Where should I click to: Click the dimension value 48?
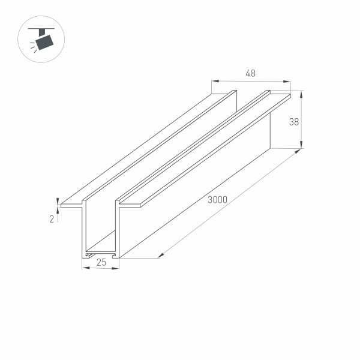click(251, 73)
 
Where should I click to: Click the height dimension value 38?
click(294, 122)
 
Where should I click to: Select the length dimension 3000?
click(217, 200)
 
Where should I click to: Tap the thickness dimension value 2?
click(52, 219)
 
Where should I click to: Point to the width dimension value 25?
click(101, 262)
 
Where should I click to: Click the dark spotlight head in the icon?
click(44, 41)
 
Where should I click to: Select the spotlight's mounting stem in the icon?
click(43, 32)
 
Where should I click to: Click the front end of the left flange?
click(71, 205)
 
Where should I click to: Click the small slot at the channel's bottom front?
click(91, 255)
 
